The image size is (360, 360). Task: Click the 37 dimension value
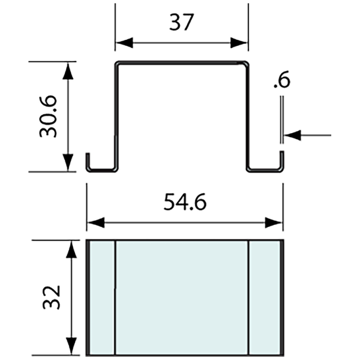coord(182,22)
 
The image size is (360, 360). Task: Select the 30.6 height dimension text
coord(49,117)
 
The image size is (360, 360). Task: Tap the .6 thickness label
coord(282,80)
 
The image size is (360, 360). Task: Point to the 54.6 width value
coord(184,202)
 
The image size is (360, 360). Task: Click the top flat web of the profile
coord(182,64)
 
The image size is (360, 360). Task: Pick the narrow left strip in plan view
coord(101,297)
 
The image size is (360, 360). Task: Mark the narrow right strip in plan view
coord(265,297)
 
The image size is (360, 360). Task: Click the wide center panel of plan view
coord(182,297)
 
